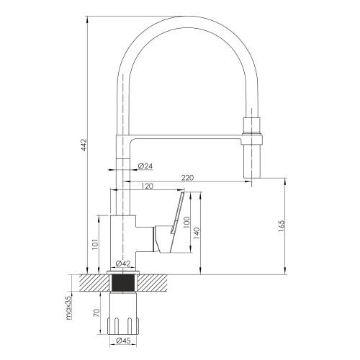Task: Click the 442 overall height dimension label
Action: pos(84,145)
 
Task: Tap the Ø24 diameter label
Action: pos(145,166)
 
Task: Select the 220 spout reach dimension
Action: pos(187,178)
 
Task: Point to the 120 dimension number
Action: pos(147,186)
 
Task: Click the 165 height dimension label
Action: pos(281,226)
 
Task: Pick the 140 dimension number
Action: pos(196,234)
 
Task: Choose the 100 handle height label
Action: pos(186,222)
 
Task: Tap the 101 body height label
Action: pos(95,244)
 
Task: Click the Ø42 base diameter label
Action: pos(123,264)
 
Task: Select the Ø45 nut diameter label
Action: pos(123,341)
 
